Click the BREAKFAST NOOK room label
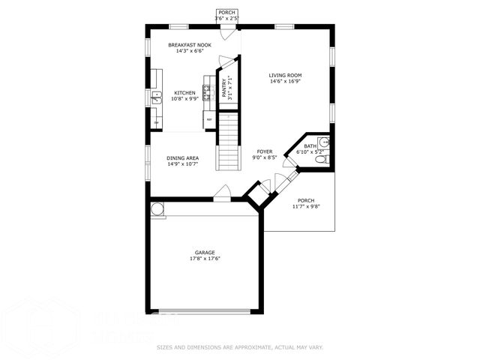tap(189, 45)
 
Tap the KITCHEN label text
tap(185, 93)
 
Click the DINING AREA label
tap(182, 158)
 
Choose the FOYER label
tap(264, 151)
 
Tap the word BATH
tap(310, 146)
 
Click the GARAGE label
tap(205, 253)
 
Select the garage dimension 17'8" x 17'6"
tap(205, 259)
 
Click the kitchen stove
tap(206, 92)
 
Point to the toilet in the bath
tap(321, 158)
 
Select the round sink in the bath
tap(323, 142)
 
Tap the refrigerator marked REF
tap(210, 120)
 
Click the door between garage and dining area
tap(222, 196)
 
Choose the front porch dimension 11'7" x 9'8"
tap(306, 206)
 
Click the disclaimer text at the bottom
tap(240, 347)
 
